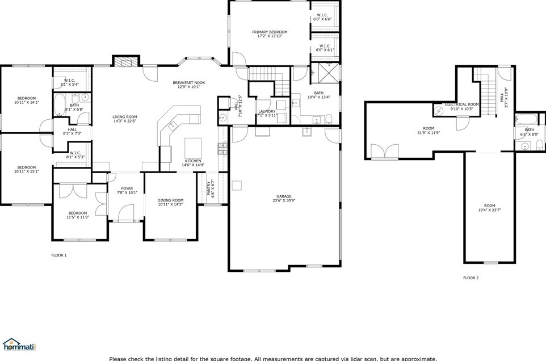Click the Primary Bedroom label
pyautogui.click(x=270, y=32)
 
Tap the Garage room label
pyautogui.click(x=284, y=196)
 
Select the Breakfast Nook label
pyautogui.click(x=188, y=83)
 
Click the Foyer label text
pyautogui.click(x=127, y=188)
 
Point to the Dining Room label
pyautogui.click(x=170, y=200)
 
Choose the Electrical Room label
pyautogui.click(x=462, y=104)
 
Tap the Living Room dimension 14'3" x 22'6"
pyautogui.click(x=125, y=121)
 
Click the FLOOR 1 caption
pyautogui.click(x=59, y=255)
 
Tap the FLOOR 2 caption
pyautogui.click(x=471, y=278)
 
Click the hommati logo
pyautogui.click(x=18, y=344)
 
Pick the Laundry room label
pyautogui.click(x=266, y=111)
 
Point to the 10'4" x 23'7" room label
pyautogui.click(x=489, y=208)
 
